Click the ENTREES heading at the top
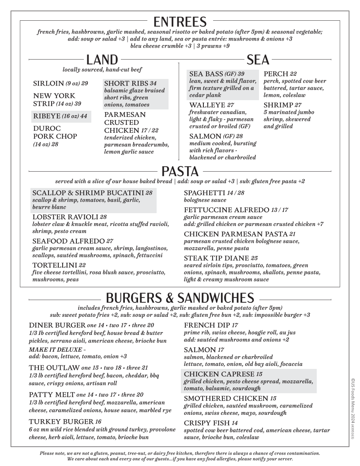point(180,22)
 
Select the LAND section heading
point(102,60)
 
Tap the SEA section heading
point(258,60)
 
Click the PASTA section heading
point(180,171)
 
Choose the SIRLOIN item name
point(48,83)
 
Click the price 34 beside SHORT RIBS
point(153,83)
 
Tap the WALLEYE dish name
point(207,105)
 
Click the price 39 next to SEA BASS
point(241,74)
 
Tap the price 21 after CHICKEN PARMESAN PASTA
point(292,234)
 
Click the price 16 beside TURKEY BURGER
point(98,421)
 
